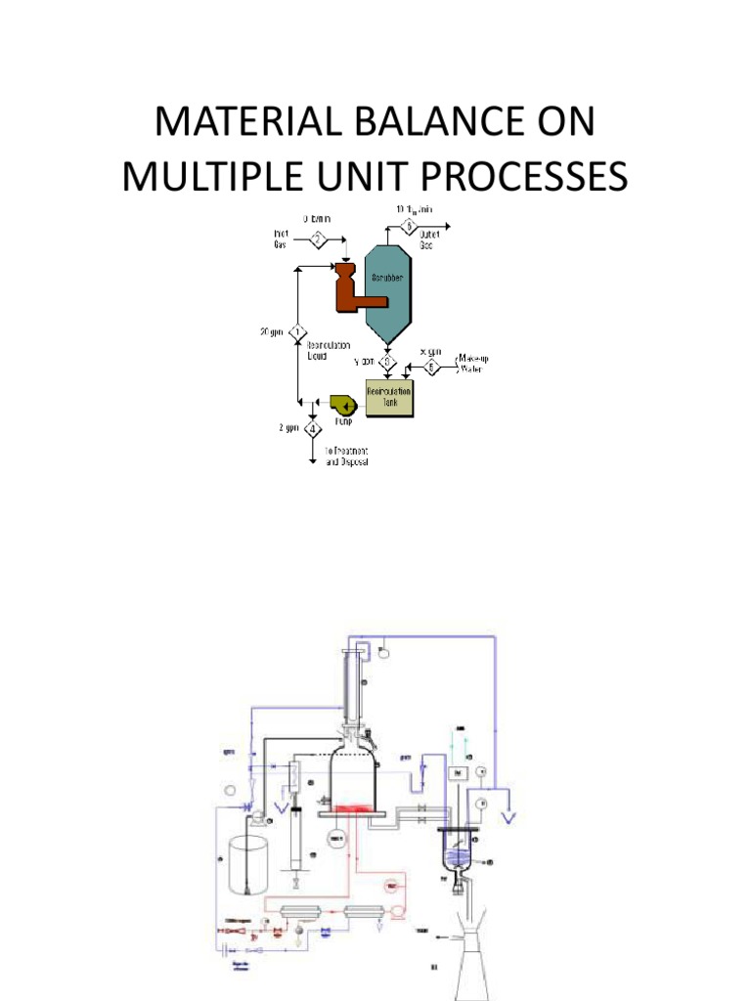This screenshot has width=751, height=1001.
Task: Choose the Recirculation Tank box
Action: click(389, 397)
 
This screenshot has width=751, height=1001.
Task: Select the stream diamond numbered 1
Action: click(296, 332)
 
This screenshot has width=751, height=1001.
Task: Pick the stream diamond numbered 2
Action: click(319, 239)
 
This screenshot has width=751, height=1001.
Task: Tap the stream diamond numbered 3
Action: click(387, 363)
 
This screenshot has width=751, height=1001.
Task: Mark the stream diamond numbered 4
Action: click(313, 429)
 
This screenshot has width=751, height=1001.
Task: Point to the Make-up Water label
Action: click(474, 365)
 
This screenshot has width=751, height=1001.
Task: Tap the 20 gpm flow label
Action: click(271, 332)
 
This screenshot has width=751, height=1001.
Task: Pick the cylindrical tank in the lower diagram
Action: click(250, 860)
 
